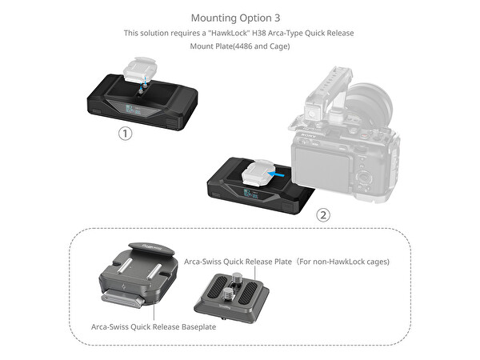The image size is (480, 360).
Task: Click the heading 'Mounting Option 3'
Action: click(x=239, y=17)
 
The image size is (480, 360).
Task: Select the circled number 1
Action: click(x=125, y=134)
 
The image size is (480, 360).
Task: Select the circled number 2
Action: click(x=323, y=214)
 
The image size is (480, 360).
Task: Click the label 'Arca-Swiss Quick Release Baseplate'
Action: click(x=153, y=326)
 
